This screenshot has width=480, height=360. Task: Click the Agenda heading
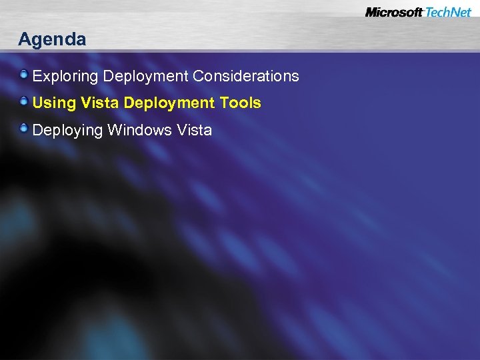[x=52, y=40]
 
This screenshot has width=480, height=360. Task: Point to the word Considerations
[x=246, y=76]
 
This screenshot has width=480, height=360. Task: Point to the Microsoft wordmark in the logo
[x=393, y=12]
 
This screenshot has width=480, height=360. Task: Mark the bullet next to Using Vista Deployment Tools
[x=24, y=101]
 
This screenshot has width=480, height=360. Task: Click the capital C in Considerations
[x=198, y=76]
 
